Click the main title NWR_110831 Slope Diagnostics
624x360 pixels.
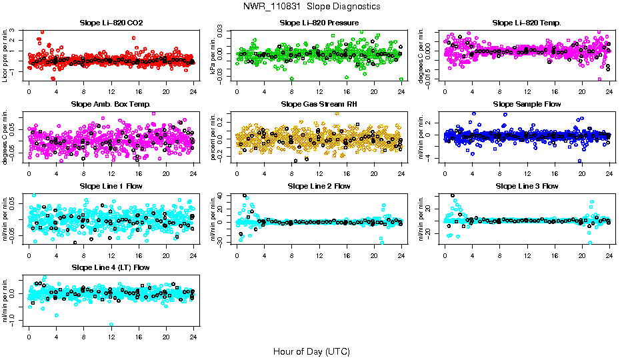(x=311, y=6)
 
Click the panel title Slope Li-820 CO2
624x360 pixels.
(x=111, y=23)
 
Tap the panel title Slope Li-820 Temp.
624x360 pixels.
(x=527, y=23)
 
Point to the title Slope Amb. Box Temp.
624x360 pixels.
(x=111, y=105)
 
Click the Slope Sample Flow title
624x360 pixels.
(x=527, y=105)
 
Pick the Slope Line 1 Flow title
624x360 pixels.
(x=111, y=186)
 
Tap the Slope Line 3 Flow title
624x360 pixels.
(x=527, y=186)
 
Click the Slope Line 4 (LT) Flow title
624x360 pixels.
(x=111, y=267)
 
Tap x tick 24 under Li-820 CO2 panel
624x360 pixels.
(x=193, y=91)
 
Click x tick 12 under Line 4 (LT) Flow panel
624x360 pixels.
(x=111, y=336)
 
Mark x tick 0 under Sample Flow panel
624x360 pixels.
(x=445, y=173)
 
